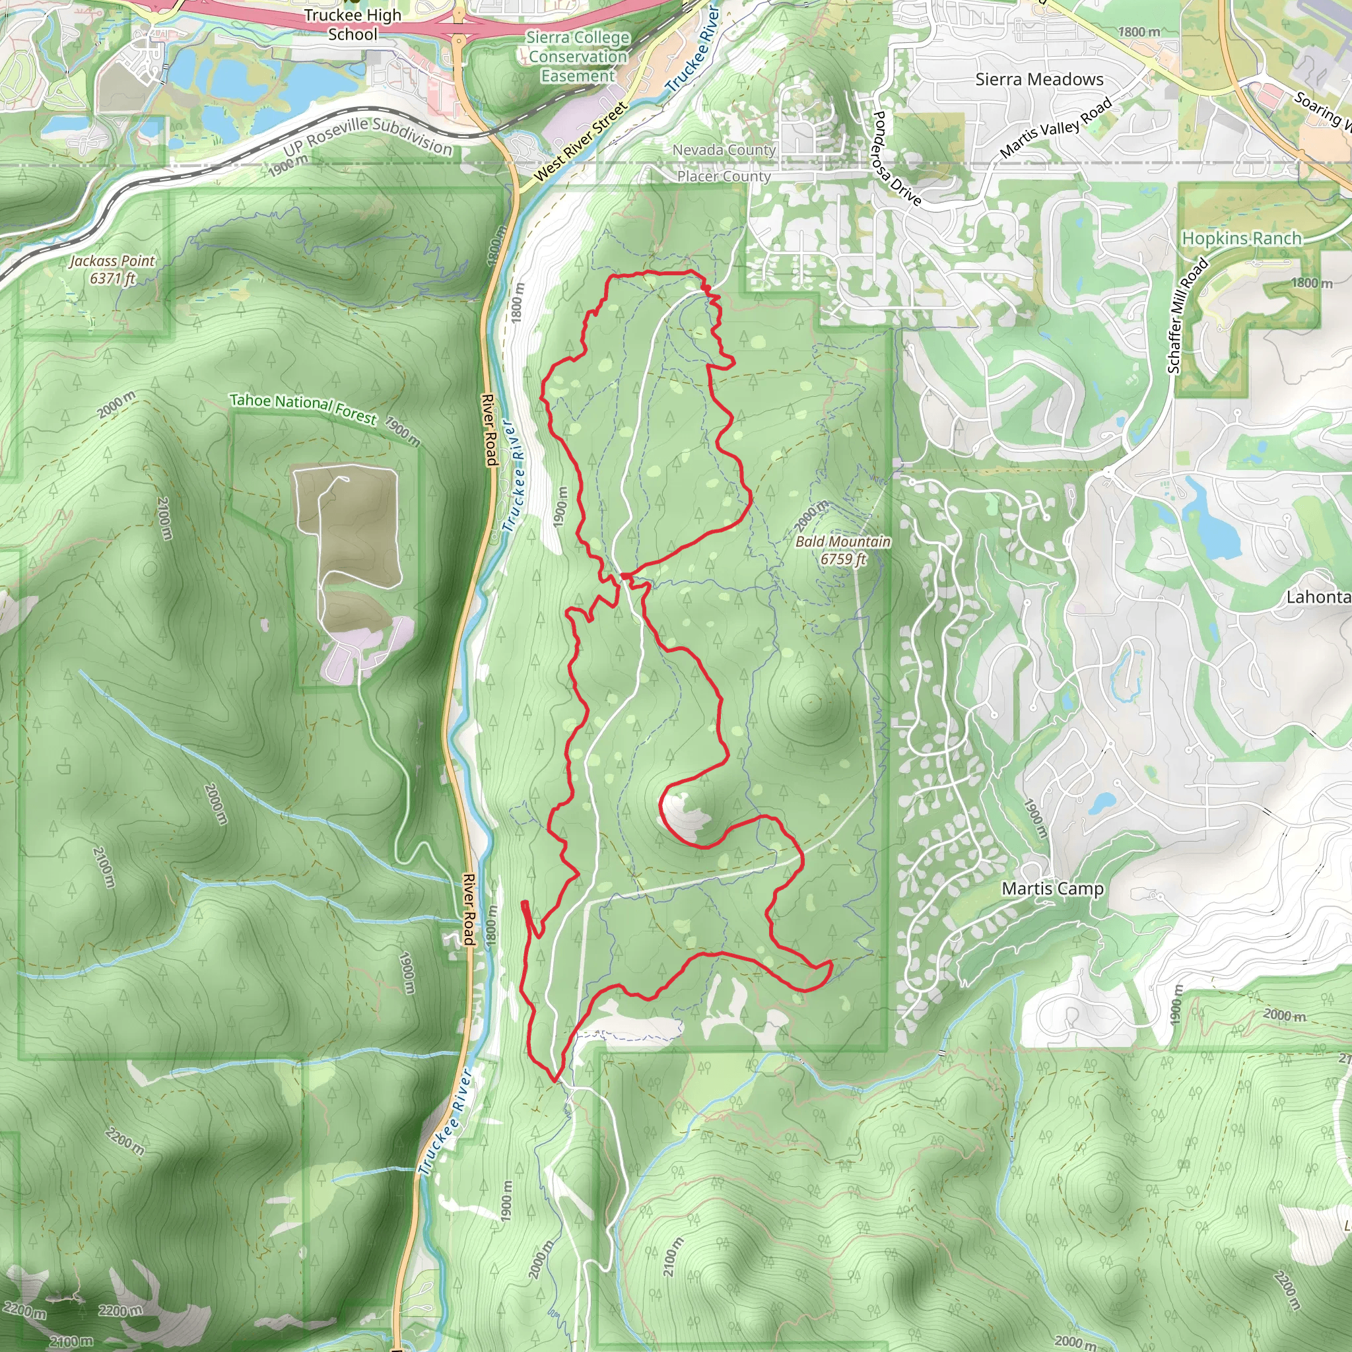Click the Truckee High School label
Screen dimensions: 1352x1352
click(x=353, y=24)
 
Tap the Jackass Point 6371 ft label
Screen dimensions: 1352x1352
click(x=112, y=269)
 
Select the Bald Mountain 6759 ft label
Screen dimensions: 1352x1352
click(x=843, y=550)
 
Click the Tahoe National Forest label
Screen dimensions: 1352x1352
click(x=303, y=408)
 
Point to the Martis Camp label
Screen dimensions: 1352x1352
click(x=1052, y=889)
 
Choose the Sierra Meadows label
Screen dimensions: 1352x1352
click(x=1039, y=80)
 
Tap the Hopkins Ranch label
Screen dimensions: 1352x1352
click(x=1242, y=238)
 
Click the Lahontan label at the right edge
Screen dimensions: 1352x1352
click(x=1318, y=597)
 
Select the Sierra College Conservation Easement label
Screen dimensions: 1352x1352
click(x=578, y=57)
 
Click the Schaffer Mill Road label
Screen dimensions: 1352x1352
click(x=1187, y=316)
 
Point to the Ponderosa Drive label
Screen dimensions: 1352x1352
click(x=897, y=158)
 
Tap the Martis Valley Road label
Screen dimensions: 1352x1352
click(x=1056, y=127)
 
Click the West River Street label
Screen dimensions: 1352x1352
click(x=580, y=143)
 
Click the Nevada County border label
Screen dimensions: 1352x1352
click(x=724, y=150)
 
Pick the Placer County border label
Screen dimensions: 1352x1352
click(x=724, y=176)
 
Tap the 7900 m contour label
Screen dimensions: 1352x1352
click(x=403, y=432)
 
